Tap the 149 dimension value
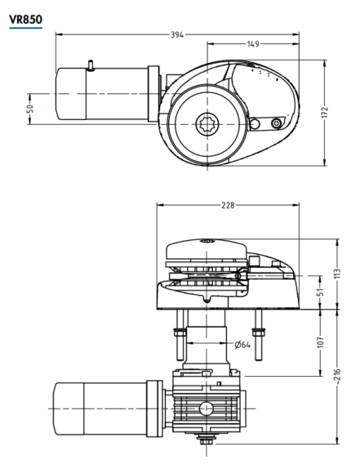point(253,45)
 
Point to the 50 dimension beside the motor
point(30,108)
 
